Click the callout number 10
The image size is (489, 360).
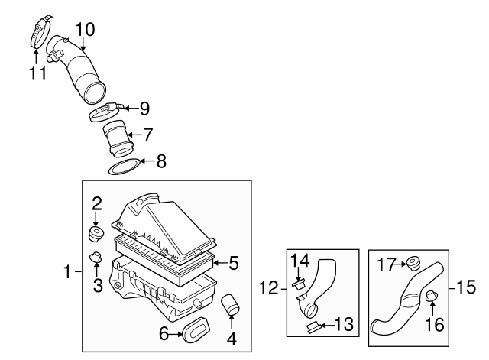85,30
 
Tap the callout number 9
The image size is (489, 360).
144,109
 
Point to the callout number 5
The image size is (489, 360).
234,264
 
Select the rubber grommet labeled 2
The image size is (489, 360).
96,232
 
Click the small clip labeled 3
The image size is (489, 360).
96,258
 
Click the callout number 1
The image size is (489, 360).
69,271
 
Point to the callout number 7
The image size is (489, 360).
147,134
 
